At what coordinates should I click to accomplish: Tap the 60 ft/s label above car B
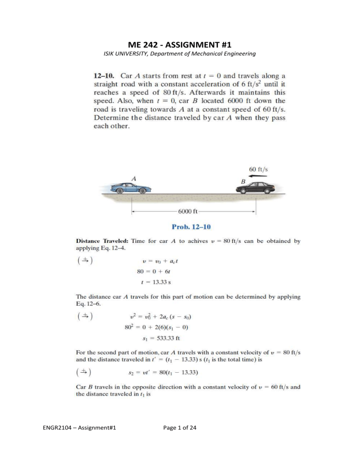(262, 165)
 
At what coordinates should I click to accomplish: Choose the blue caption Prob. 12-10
(193, 227)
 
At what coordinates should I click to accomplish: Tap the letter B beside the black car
(243, 180)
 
